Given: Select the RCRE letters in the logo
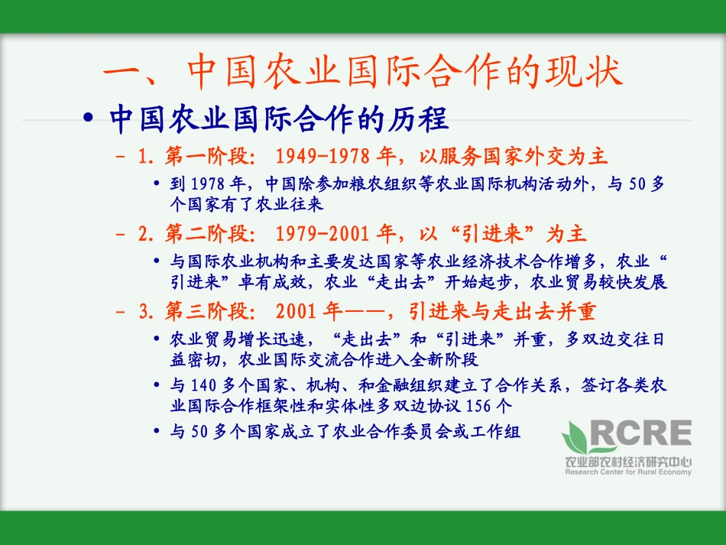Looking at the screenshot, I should (x=642, y=436).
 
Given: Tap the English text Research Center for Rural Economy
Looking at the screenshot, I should (x=627, y=472).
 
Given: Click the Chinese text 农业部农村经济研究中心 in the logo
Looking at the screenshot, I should (x=627, y=462).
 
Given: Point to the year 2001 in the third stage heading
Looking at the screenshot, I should (x=293, y=312).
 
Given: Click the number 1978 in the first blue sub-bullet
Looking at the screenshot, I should (x=207, y=184).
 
